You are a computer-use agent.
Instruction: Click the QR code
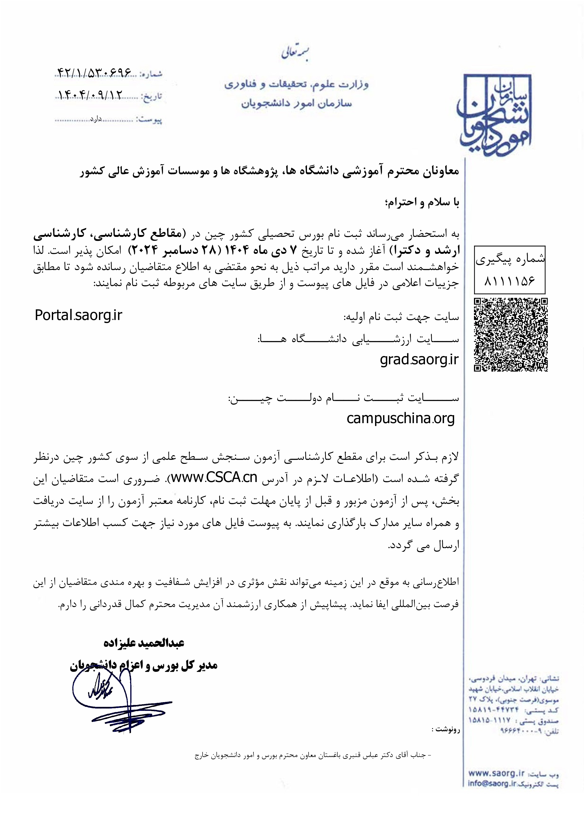(510, 335)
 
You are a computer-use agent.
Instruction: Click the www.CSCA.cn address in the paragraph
(214, 477)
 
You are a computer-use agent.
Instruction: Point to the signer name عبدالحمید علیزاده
(144, 643)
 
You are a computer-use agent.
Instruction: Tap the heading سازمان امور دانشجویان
(296, 104)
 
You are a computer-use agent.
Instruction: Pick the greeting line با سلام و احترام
(422, 202)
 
